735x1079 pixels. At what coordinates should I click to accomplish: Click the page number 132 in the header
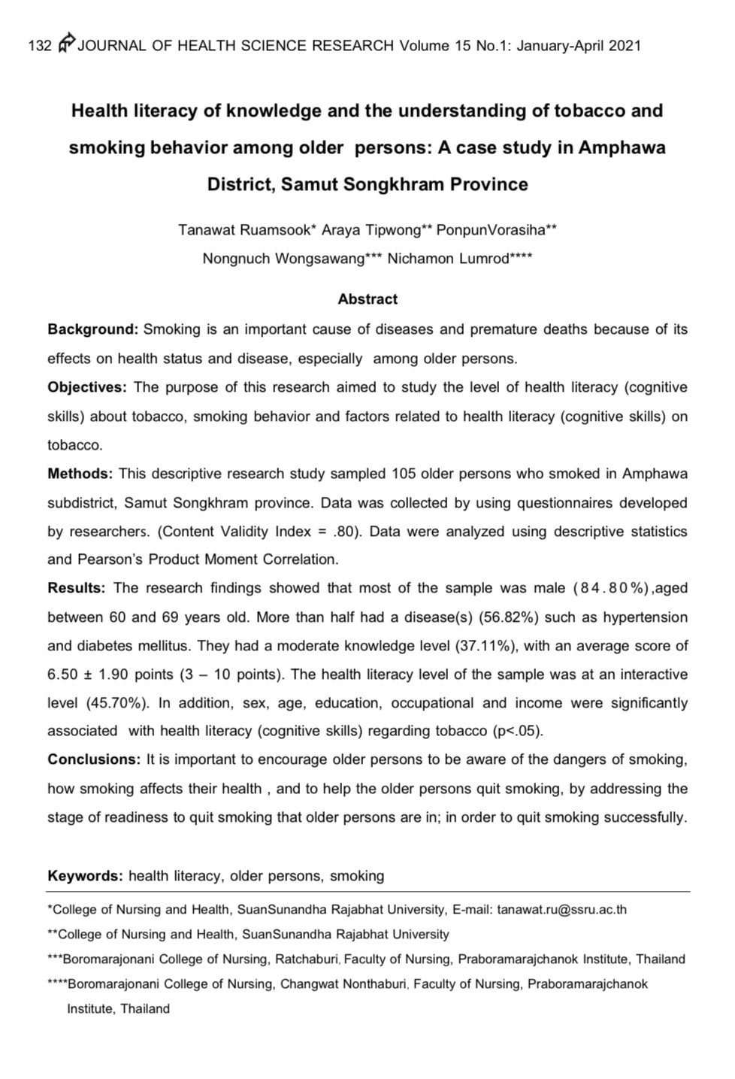pyautogui.click(x=39, y=46)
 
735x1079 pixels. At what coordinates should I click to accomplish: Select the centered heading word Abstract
pyautogui.click(x=367, y=299)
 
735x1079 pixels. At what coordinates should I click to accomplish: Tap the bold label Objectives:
pyautogui.click(x=88, y=387)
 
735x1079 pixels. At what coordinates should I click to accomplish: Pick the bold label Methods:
pyautogui.click(x=80, y=474)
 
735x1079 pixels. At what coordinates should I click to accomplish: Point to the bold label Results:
pyautogui.click(x=77, y=588)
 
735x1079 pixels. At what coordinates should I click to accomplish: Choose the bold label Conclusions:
pyautogui.click(x=94, y=759)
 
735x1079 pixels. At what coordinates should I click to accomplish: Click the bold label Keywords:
pyautogui.click(x=85, y=876)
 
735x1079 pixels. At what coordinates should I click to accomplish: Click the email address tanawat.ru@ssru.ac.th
pyautogui.click(x=561, y=910)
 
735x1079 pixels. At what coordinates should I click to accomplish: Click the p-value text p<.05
pyautogui.click(x=516, y=731)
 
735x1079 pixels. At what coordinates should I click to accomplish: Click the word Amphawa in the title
pyautogui.click(x=622, y=147)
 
